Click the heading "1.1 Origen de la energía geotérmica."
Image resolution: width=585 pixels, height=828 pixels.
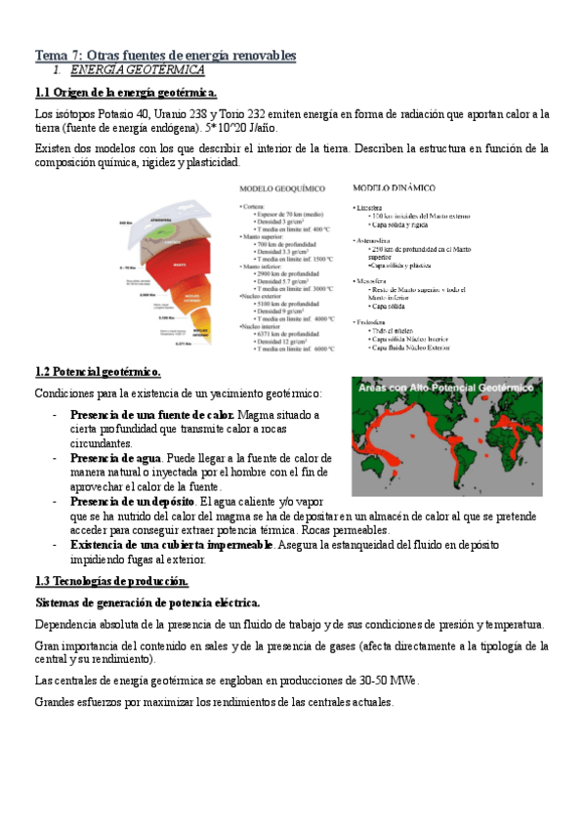pyautogui.click(x=126, y=93)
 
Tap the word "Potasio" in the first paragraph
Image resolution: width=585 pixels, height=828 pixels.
pyautogui.click(x=106, y=114)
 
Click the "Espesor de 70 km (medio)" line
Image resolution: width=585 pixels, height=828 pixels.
pyautogui.click(x=291, y=213)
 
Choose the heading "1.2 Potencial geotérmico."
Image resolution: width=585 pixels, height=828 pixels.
pyautogui.click(x=98, y=372)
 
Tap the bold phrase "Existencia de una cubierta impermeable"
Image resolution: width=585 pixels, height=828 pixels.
pyautogui.click(x=172, y=545)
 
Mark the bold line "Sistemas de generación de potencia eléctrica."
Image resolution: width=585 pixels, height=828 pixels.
pyautogui.click(x=146, y=602)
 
